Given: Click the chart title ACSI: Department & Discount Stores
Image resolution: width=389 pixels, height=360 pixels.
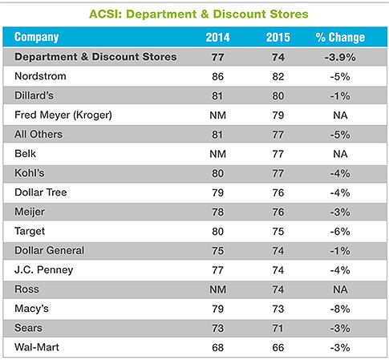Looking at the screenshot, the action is (x=199, y=14).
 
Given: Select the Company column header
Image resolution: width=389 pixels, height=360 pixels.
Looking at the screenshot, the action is (x=37, y=37).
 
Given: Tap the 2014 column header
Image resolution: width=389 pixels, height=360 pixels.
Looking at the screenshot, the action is (x=217, y=38).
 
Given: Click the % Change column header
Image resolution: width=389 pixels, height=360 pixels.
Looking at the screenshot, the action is (x=340, y=38).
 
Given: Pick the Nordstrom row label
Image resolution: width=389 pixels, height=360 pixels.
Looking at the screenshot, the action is (x=40, y=76).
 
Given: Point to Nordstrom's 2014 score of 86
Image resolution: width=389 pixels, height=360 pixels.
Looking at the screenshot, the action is (x=217, y=77).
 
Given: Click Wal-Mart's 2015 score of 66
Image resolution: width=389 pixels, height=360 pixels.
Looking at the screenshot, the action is (x=278, y=348).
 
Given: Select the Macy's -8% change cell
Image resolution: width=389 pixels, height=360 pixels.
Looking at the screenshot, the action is (x=340, y=309).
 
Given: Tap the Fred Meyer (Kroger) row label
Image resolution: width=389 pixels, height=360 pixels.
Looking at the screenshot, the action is (x=63, y=115).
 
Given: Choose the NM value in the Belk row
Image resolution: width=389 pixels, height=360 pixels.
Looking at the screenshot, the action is (x=217, y=154).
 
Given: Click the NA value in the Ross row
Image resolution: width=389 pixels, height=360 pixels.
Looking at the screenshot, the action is (x=340, y=289).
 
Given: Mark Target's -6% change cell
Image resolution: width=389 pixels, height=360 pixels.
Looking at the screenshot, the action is (x=340, y=232).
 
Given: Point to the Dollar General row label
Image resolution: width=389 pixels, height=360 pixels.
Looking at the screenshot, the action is (x=50, y=250).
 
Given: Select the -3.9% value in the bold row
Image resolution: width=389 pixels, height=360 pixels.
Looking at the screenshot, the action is (x=340, y=57).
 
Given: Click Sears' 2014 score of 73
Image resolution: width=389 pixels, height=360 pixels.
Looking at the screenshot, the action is (x=217, y=329).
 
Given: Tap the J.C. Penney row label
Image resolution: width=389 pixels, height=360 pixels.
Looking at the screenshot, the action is (x=44, y=270).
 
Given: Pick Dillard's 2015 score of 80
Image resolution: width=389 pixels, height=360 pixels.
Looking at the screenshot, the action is (x=278, y=96).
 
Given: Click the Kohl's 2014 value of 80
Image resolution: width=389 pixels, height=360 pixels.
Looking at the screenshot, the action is (x=217, y=173).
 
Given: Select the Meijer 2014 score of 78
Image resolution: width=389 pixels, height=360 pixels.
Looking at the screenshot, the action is (x=217, y=212).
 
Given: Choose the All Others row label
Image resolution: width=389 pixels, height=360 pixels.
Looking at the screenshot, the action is (x=38, y=134).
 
